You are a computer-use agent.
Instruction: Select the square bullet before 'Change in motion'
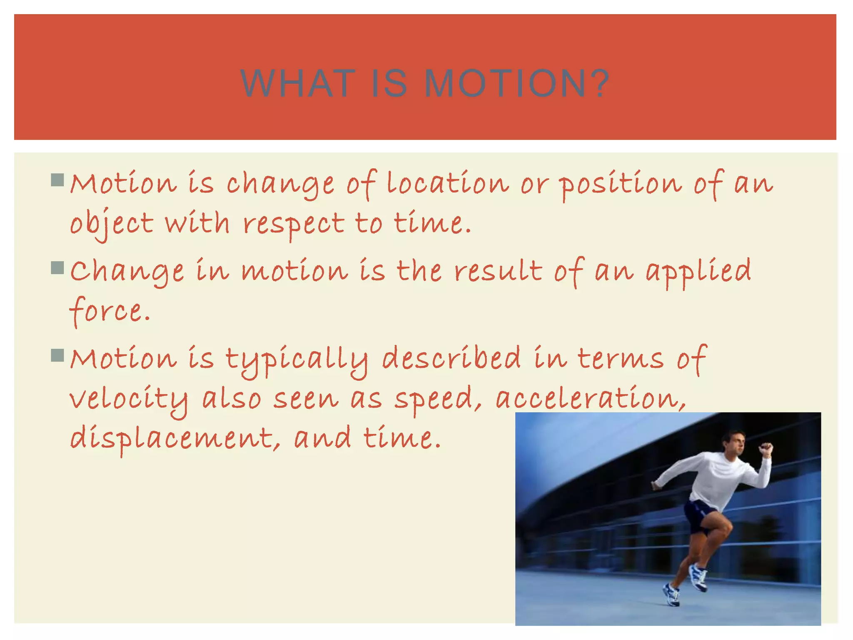(x=57, y=268)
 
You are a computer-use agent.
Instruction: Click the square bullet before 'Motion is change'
(x=57, y=180)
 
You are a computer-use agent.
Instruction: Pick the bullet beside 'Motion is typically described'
(x=57, y=356)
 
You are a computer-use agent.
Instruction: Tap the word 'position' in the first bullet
(x=621, y=184)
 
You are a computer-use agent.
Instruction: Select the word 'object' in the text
(x=112, y=224)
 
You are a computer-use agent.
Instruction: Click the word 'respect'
(x=294, y=224)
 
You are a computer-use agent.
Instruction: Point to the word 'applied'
(x=698, y=271)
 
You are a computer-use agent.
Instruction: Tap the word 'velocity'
(x=129, y=399)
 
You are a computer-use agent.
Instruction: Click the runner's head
(x=734, y=444)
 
